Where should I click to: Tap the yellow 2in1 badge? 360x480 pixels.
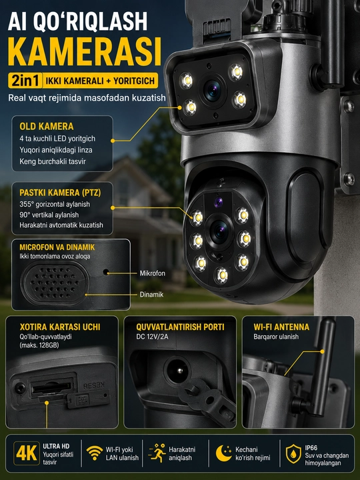[25, 81]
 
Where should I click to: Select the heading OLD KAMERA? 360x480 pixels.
[47, 127]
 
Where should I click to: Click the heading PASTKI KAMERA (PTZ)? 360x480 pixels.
[60, 193]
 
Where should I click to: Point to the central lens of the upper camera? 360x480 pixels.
[213, 90]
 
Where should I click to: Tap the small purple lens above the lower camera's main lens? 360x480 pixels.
[218, 203]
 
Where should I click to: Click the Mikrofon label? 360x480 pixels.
[153, 273]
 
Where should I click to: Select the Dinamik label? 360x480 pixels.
[151, 295]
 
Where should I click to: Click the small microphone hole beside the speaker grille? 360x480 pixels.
[106, 272]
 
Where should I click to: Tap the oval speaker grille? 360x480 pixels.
[55, 282]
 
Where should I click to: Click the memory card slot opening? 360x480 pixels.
[51, 388]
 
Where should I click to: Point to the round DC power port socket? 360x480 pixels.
[177, 371]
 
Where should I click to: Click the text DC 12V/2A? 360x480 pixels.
[153, 337]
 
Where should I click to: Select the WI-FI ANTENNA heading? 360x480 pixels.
[281, 327]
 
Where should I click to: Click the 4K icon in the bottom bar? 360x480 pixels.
[27, 453]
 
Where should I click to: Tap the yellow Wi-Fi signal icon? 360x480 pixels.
[95, 453]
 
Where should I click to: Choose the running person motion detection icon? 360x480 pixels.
[157, 453]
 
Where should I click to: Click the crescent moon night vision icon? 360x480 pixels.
[224, 453]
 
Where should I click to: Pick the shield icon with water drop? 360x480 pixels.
[293, 454]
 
